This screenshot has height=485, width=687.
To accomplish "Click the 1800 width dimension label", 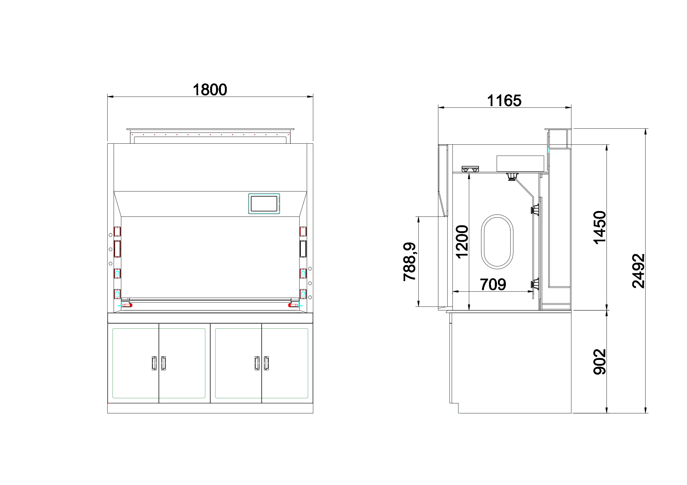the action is point(210,90).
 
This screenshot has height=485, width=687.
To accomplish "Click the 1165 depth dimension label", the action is point(504,101).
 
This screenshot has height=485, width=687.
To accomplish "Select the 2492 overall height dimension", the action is point(638,271).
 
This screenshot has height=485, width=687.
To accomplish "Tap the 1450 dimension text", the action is point(599,228).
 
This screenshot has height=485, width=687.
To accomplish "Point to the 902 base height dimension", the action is point(599,362).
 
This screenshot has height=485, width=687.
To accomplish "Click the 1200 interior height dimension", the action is point(462,242).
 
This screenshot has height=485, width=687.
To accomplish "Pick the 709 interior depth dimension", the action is point(493,284).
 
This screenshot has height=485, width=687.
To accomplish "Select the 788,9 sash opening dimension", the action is point(409,262).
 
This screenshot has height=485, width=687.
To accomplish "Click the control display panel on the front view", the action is point(264,204).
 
